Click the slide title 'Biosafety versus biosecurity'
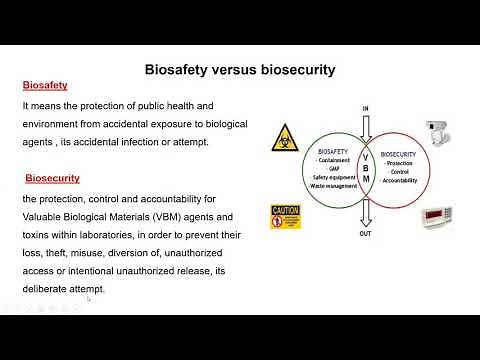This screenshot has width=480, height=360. coord(239,70)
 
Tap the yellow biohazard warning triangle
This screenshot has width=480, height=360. coord(284,137)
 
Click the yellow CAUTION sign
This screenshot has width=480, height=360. coord(285,216)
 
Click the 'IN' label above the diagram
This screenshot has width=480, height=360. coord(365,108)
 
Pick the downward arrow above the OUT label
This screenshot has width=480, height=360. coord(366,211)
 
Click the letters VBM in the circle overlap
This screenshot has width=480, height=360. coord(365,167)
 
